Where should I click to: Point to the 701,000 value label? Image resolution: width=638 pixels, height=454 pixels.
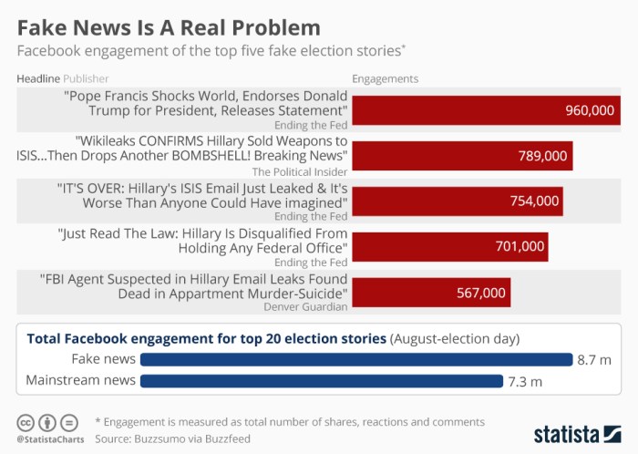pos(520,246)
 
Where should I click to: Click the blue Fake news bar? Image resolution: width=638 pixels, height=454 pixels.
pos(355,359)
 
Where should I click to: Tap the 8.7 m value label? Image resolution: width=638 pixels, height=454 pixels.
pos(592,360)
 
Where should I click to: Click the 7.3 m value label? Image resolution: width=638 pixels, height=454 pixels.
pos(524,381)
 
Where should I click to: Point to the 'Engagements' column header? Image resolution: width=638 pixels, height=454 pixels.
pos(385,78)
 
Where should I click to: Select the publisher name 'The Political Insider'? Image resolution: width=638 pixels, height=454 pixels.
pos(299,170)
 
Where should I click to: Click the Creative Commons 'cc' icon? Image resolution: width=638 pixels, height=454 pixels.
pos(26,423)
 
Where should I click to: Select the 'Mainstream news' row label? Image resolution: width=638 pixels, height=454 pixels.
pos(81,380)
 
